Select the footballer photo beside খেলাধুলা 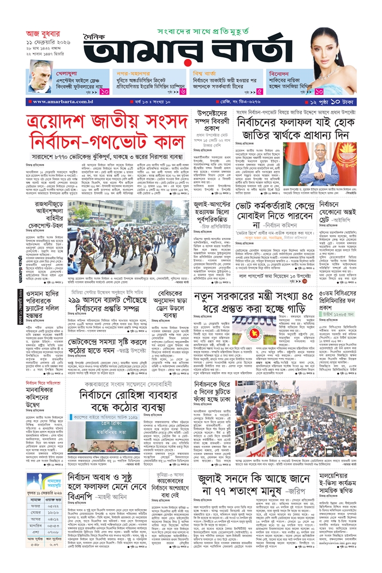click(x=41, y=81)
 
